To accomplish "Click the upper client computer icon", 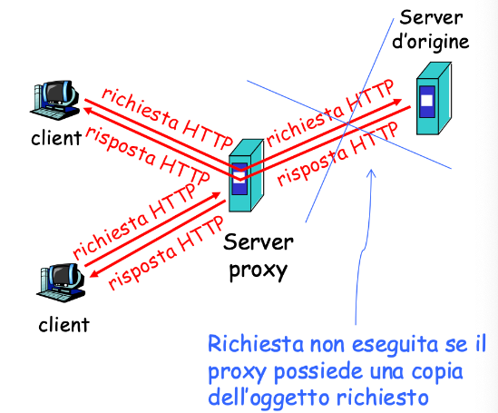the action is [54, 100].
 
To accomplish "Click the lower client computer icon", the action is [61, 283].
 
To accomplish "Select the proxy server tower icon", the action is [246, 175].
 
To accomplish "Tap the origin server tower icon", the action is [434, 98].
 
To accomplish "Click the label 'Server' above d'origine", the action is [431, 18].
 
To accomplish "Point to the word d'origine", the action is [431, 43].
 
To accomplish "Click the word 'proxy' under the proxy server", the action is [258, 271].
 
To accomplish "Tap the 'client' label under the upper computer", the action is [56, 138].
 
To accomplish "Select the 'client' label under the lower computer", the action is [63, 325].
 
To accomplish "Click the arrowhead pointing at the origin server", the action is [396, 102].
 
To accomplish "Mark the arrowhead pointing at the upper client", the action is [88, 111].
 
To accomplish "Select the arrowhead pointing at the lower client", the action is [94, 273].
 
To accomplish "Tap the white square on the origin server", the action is [426, 101].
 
